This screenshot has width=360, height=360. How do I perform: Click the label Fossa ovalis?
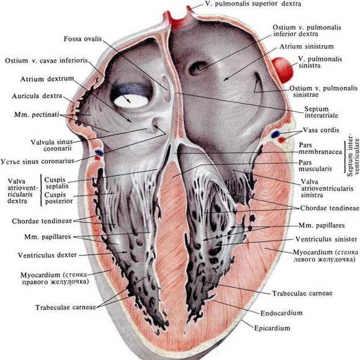click(x=83, y=39)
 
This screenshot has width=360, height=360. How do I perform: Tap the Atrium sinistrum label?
click(x=307, y=47)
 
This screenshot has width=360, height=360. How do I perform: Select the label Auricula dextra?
click(x=37, y=96)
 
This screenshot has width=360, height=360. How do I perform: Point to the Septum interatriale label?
click(x=321, y=112)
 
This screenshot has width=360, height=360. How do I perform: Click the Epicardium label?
click(x=272, y=328)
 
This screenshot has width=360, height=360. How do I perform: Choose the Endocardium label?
click(x=281, y=313)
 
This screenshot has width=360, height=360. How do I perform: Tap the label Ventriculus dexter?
click(x=47, y=255)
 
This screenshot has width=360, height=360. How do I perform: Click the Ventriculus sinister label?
click(x=326, y=239)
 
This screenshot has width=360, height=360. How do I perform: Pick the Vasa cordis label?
click(x=321, y=130)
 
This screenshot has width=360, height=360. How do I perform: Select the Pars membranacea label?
click(x=320, y=148)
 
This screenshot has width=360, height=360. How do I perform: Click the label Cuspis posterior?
click(x=58, y=198)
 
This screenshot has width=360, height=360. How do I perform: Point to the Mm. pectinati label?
click(x=37, y=114)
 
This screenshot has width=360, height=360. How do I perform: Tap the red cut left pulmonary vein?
click(x=282, y=70)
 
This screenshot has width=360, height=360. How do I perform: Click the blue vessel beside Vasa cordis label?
click(x=276, y=134)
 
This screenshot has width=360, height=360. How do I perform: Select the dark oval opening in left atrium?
click(x=197, y=68)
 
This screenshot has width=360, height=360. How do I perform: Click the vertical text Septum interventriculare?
click(x=353, y=157)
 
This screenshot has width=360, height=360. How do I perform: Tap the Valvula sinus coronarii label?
click(x=52, y=145)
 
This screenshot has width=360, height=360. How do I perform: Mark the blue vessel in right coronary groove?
click(x=99, y=152)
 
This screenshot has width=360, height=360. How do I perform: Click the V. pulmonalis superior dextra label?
click(x=253, y=4)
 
